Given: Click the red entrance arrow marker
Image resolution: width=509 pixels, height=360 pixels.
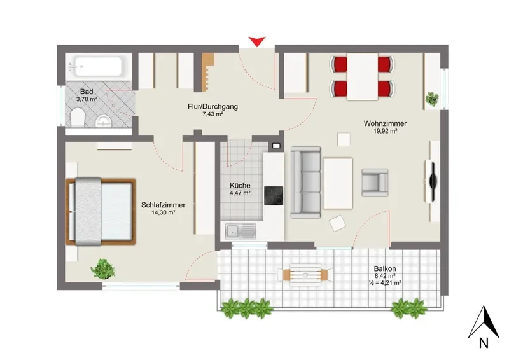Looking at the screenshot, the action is [257, 41].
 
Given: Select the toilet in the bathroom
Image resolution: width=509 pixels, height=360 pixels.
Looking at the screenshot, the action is [78, 118].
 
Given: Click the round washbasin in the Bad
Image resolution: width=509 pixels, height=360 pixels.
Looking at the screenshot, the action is [104, 121].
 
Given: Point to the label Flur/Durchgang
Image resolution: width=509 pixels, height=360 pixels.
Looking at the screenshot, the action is [213, 106].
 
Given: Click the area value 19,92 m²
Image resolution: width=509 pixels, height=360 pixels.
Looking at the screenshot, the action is [386, 131].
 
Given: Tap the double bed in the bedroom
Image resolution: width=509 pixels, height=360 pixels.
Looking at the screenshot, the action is [101, 212].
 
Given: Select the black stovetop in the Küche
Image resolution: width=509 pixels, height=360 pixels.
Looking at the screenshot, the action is [274, 196].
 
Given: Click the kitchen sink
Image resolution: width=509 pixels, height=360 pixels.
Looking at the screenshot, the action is [241, 231].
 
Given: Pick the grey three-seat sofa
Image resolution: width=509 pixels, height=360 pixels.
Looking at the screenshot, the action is [306, 182].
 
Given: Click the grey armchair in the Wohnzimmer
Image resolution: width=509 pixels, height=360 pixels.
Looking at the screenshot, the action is [375, 183].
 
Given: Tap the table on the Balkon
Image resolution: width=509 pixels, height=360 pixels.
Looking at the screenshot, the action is [305, 275].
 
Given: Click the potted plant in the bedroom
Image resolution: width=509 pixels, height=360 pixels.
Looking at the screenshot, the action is [103, 269].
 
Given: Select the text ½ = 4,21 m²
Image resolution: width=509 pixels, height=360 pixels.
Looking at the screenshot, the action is [386, 283].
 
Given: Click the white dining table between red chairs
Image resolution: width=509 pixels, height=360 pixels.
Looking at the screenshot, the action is [363, 76].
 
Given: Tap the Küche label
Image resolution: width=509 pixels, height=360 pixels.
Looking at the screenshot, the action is [240, 186].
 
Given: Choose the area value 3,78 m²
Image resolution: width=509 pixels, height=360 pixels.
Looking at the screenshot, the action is [87, 99].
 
